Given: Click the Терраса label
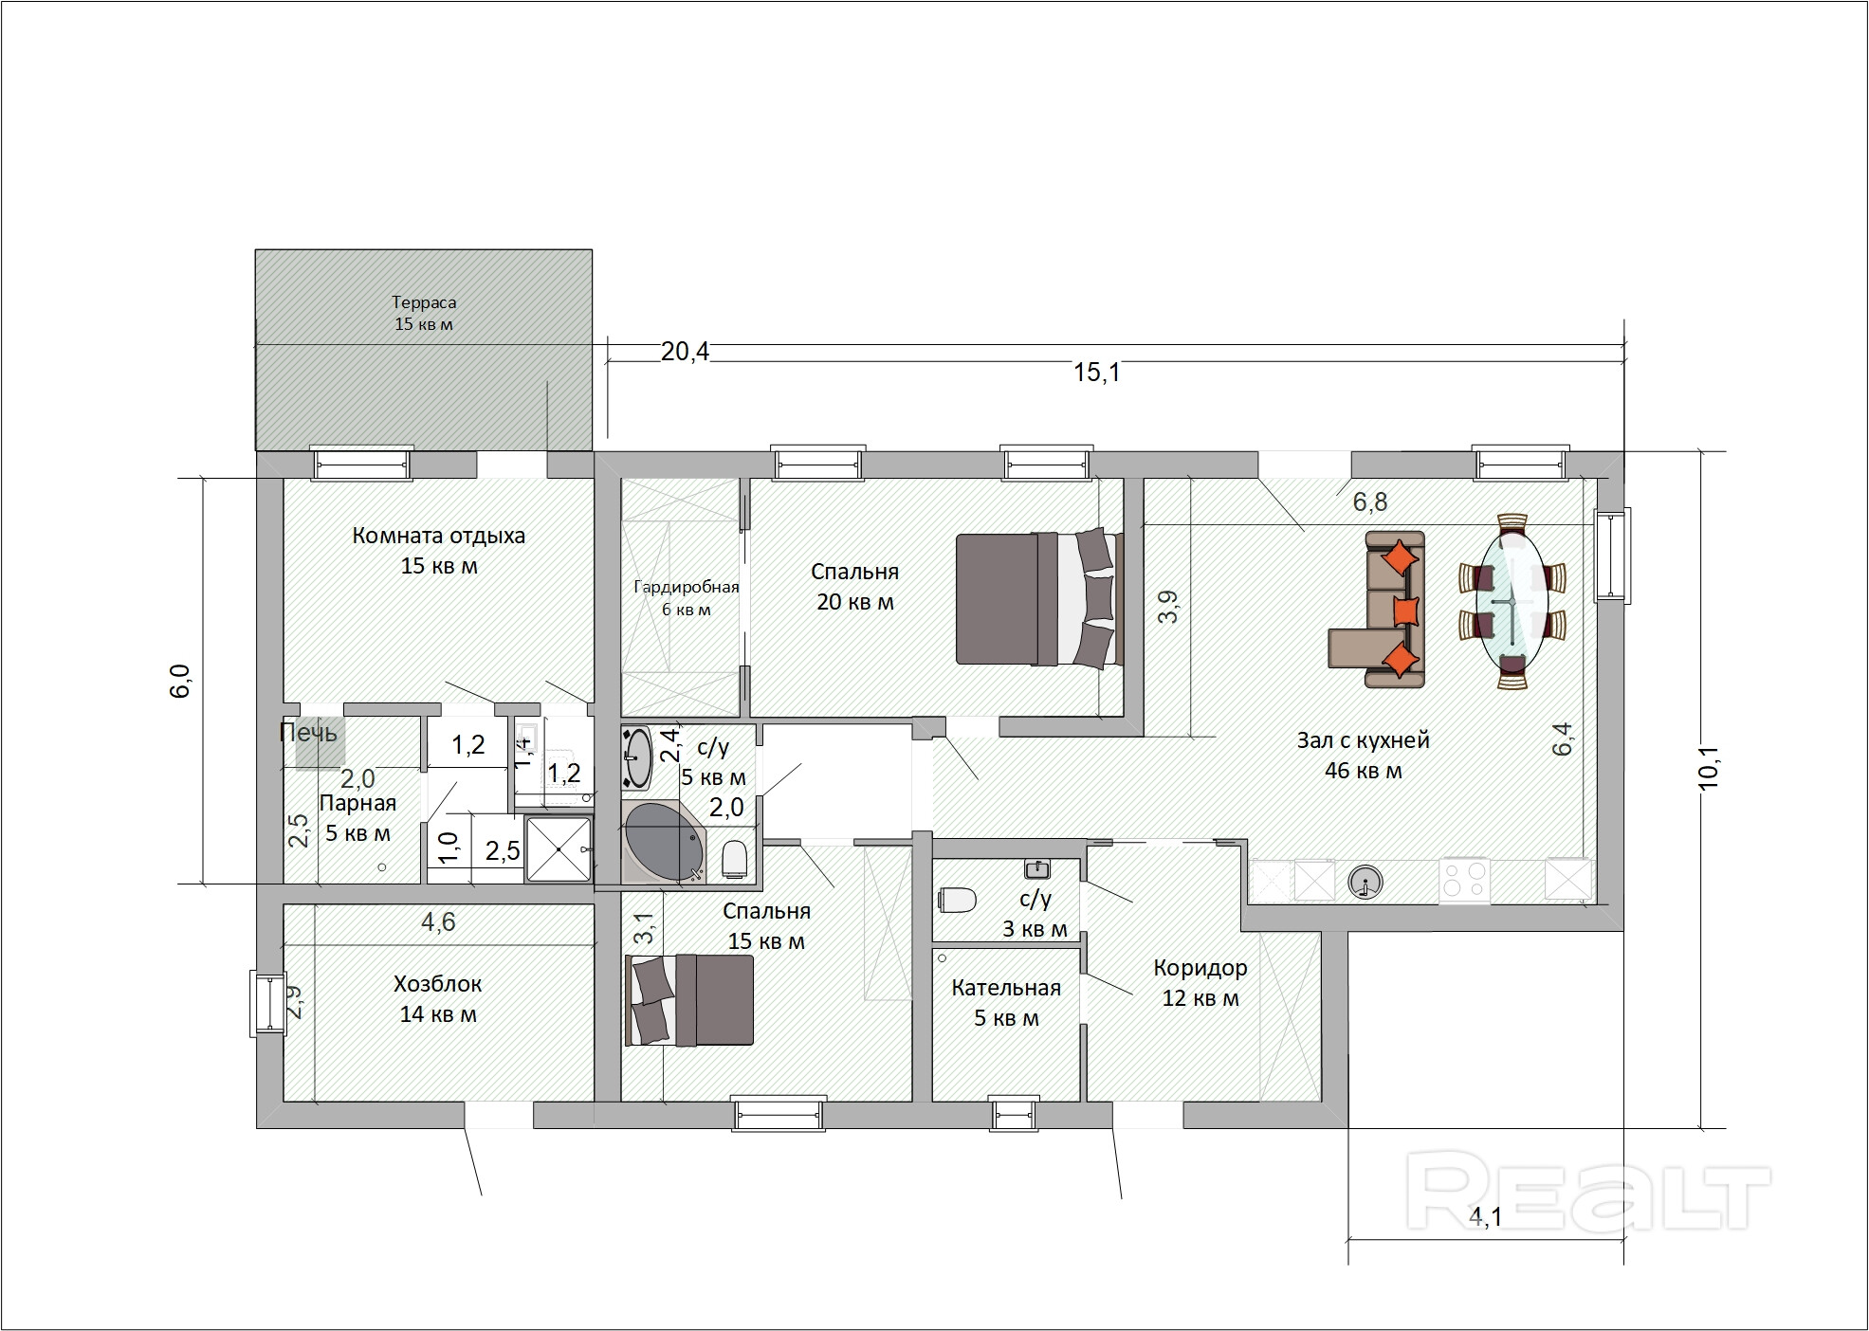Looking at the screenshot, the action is point(424,302).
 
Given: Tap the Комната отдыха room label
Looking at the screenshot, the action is point(438,536).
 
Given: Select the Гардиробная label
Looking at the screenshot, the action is point(687,587).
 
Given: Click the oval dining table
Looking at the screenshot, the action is point(1512,601).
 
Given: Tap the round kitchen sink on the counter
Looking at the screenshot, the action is point(1365,883).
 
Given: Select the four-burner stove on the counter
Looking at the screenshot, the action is point(1464,880).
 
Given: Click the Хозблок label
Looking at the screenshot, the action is point(438,984).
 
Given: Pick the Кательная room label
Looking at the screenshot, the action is point(1006,988).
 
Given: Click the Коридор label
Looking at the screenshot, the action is point(1200,969).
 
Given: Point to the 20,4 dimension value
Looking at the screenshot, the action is point(685,353).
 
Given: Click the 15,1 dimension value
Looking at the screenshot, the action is point(1097,373).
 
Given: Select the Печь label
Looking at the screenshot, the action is point(308,732).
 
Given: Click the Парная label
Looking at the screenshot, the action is point(357,804).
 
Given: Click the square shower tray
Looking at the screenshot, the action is point(559,850).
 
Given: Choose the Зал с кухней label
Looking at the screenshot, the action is point(1364,740).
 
